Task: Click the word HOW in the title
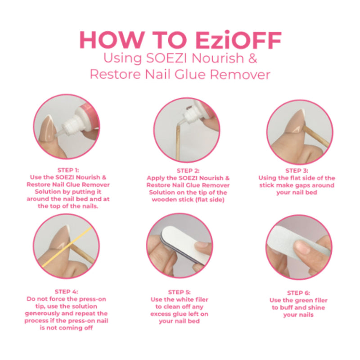click(x=104, y=40)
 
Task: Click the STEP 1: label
click(x=68, y=171)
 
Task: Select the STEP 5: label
click(x=179, y=292)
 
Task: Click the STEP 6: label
click(x=298, y=293)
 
